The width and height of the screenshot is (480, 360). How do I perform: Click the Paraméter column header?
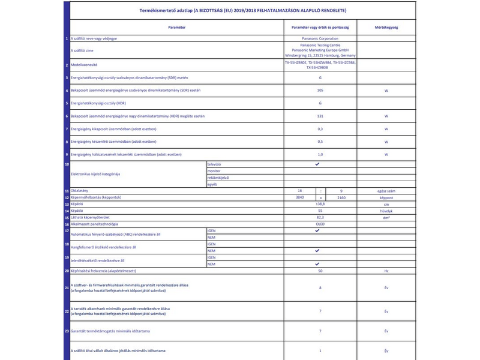tap(176, 28)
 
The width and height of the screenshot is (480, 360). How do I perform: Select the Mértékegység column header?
tap(386, 28)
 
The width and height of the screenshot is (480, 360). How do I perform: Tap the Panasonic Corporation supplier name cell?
tap(320, 38)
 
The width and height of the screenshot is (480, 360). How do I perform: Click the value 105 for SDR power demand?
tap(320, 90)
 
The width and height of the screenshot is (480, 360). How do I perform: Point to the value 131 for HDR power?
tap(320, 116)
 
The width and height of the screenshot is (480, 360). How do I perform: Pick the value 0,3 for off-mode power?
tap(320, 129)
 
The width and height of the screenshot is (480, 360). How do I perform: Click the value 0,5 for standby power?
tap(320, 142)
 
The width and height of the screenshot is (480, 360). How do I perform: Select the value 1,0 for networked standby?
tap(320, 154)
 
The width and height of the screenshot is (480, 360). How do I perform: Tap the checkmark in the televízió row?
tap(317, 164)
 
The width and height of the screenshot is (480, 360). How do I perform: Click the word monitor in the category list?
tap(214, 171)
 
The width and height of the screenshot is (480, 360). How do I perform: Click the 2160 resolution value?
tap(341, 197)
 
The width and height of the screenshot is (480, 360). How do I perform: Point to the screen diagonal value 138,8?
tap(320, 204)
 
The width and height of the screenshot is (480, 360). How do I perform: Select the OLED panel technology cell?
tap(320, 223)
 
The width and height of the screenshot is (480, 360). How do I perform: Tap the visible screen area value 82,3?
tap(320, 217)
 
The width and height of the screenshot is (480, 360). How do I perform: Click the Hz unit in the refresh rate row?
tap(386, 271)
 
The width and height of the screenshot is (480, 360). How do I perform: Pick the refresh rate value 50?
tap(320, 271)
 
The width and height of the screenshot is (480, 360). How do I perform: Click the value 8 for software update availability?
tap(320, 288)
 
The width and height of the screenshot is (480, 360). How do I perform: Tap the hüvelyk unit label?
tap(386, 211)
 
